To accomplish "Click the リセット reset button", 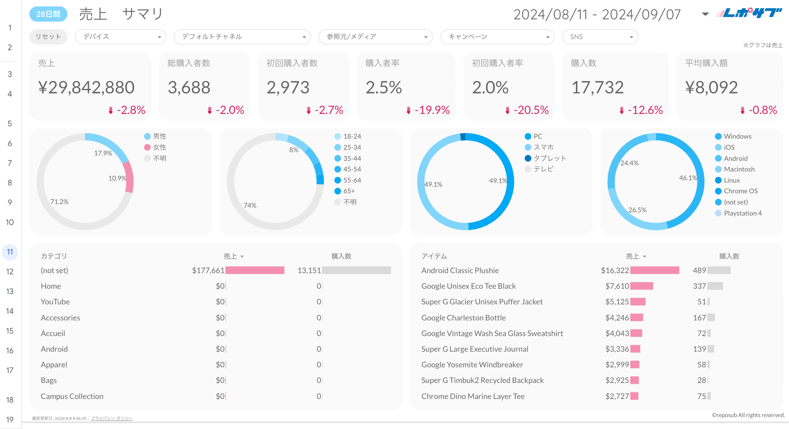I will pos(48,37).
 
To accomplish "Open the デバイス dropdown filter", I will pos(120,37).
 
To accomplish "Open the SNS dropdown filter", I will pos(600,37).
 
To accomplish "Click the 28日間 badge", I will pos(48,14).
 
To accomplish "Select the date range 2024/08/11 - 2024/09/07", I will pos(597,14).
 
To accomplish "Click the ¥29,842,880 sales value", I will pos(86,87).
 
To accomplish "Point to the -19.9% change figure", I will pos(431,110).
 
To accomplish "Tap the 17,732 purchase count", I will pos(598,87).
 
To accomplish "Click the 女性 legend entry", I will pos(159,147).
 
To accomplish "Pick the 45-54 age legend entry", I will pos(352,169).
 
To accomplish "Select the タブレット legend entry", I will pos(549,158).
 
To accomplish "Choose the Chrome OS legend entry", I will pos(741,191).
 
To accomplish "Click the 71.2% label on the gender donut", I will pos(60,202).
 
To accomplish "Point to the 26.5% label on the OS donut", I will pos(637,210).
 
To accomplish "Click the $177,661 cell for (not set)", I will pos(208,270).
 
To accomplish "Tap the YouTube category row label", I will pos(55,301).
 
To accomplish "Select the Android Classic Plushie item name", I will pos(460,270).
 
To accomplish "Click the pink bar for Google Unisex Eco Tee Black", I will pos(641,286).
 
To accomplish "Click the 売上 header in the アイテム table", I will pos(632,256).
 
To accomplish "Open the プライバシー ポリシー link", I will pos(112,418).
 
